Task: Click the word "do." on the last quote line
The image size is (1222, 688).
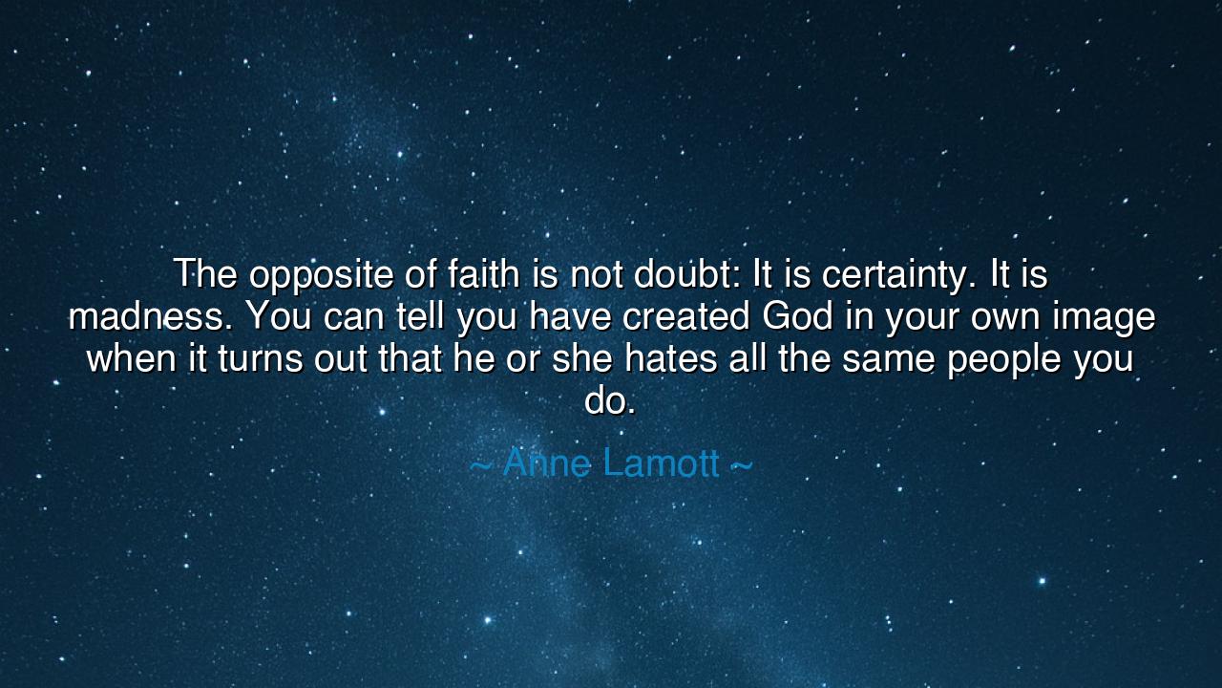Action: point(610,401)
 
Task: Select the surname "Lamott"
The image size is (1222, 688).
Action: point(661,463)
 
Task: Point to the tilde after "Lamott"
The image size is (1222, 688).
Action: point(741,465)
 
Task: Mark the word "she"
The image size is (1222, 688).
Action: point(582,359)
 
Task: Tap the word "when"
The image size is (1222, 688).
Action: point(130,359)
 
